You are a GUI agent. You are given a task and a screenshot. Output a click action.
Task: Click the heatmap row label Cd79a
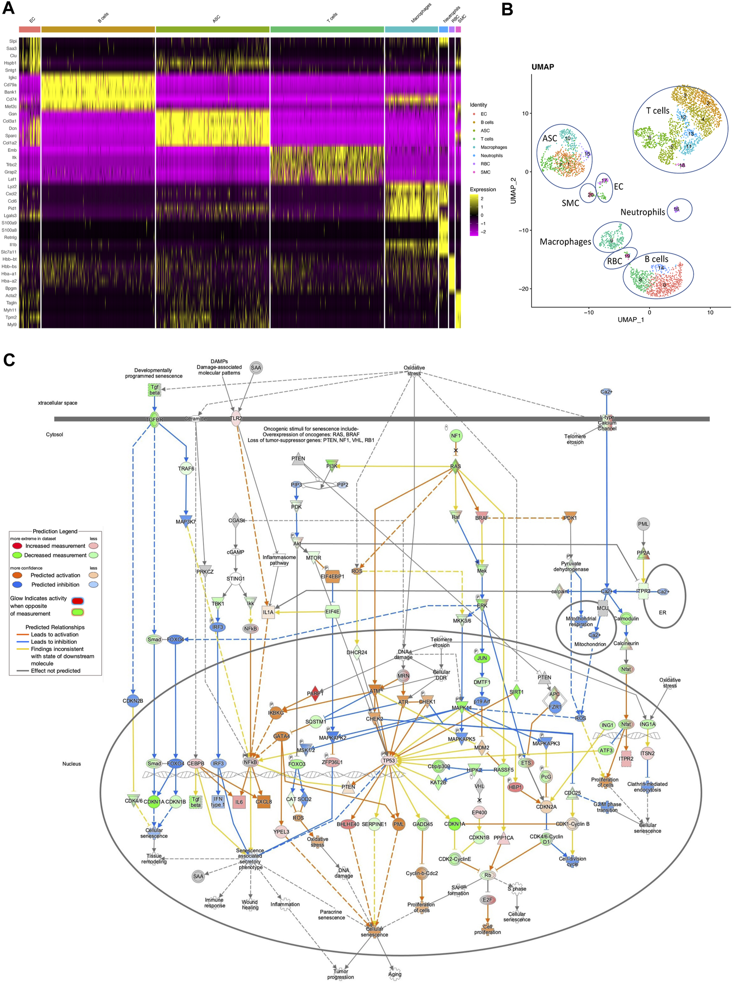[10, 85]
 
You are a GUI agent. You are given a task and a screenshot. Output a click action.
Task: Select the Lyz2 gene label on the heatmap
[11, 186]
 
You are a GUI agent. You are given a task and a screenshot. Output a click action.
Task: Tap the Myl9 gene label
[11, 324]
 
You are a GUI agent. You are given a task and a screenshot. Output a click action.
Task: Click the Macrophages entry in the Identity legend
[494, 147]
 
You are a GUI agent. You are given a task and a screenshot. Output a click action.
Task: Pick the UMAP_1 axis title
[631, 319]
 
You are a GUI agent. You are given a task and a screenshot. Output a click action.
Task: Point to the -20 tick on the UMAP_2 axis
[523, 289]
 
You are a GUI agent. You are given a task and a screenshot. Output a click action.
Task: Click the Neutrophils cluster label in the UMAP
[643, 212]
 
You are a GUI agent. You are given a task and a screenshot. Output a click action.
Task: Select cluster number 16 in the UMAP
[676, 209]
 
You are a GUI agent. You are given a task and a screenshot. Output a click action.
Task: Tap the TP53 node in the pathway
[389, 760]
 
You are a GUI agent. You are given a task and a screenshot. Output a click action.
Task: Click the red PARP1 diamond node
[315, 693]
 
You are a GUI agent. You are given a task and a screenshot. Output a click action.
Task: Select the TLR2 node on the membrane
[236, 418]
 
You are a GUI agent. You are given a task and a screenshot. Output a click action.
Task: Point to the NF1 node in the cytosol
[456, 436]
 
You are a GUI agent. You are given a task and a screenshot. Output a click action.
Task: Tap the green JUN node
[482, 658]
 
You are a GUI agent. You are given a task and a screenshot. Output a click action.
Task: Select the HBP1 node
[515, 787]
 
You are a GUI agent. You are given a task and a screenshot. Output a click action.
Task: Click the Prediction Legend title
[55, 531]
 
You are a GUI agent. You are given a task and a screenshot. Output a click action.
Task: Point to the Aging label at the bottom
[395, 974]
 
